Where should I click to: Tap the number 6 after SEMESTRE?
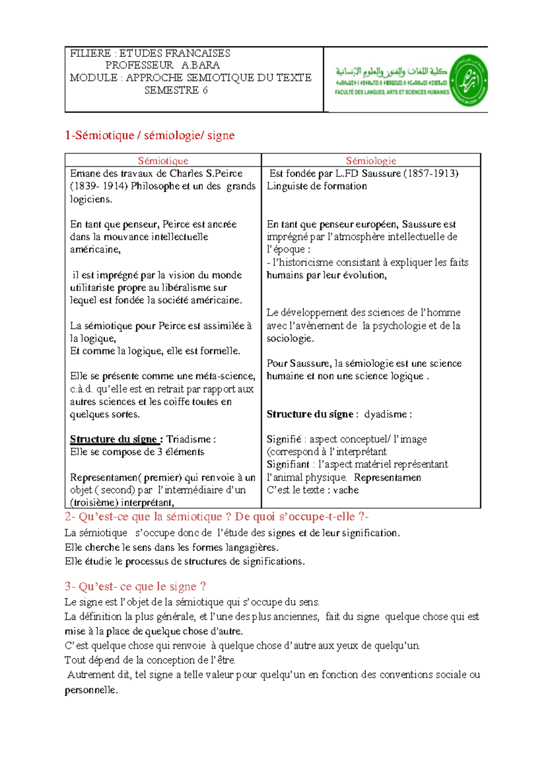(205, 90)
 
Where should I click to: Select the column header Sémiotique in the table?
(163, 160)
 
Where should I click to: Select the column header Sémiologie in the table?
(371, 160)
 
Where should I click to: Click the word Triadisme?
(188, 439)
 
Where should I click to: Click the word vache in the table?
(346, 490)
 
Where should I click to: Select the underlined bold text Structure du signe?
(114, 439)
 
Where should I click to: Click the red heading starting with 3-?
(135, 586)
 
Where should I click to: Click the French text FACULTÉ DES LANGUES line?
(392, 92)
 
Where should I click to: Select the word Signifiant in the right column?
(288, 464)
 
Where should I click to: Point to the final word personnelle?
(91, 690)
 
